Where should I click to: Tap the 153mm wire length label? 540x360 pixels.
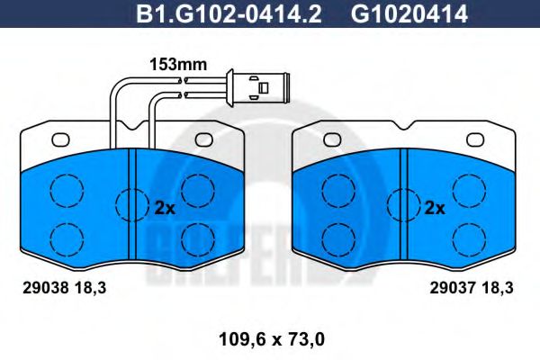pos(176,65)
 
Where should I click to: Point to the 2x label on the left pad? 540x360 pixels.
pos(164,207)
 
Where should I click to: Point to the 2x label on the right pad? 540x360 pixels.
pos(435,207)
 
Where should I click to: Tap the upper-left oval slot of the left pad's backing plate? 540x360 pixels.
pos(61,139)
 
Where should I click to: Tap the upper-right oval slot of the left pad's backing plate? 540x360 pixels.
pos(203,139)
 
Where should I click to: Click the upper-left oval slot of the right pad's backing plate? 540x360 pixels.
pos(334,139)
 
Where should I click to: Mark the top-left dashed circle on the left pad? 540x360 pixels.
pos(65,189)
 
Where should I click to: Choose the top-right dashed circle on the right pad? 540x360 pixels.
pos(468,189)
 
